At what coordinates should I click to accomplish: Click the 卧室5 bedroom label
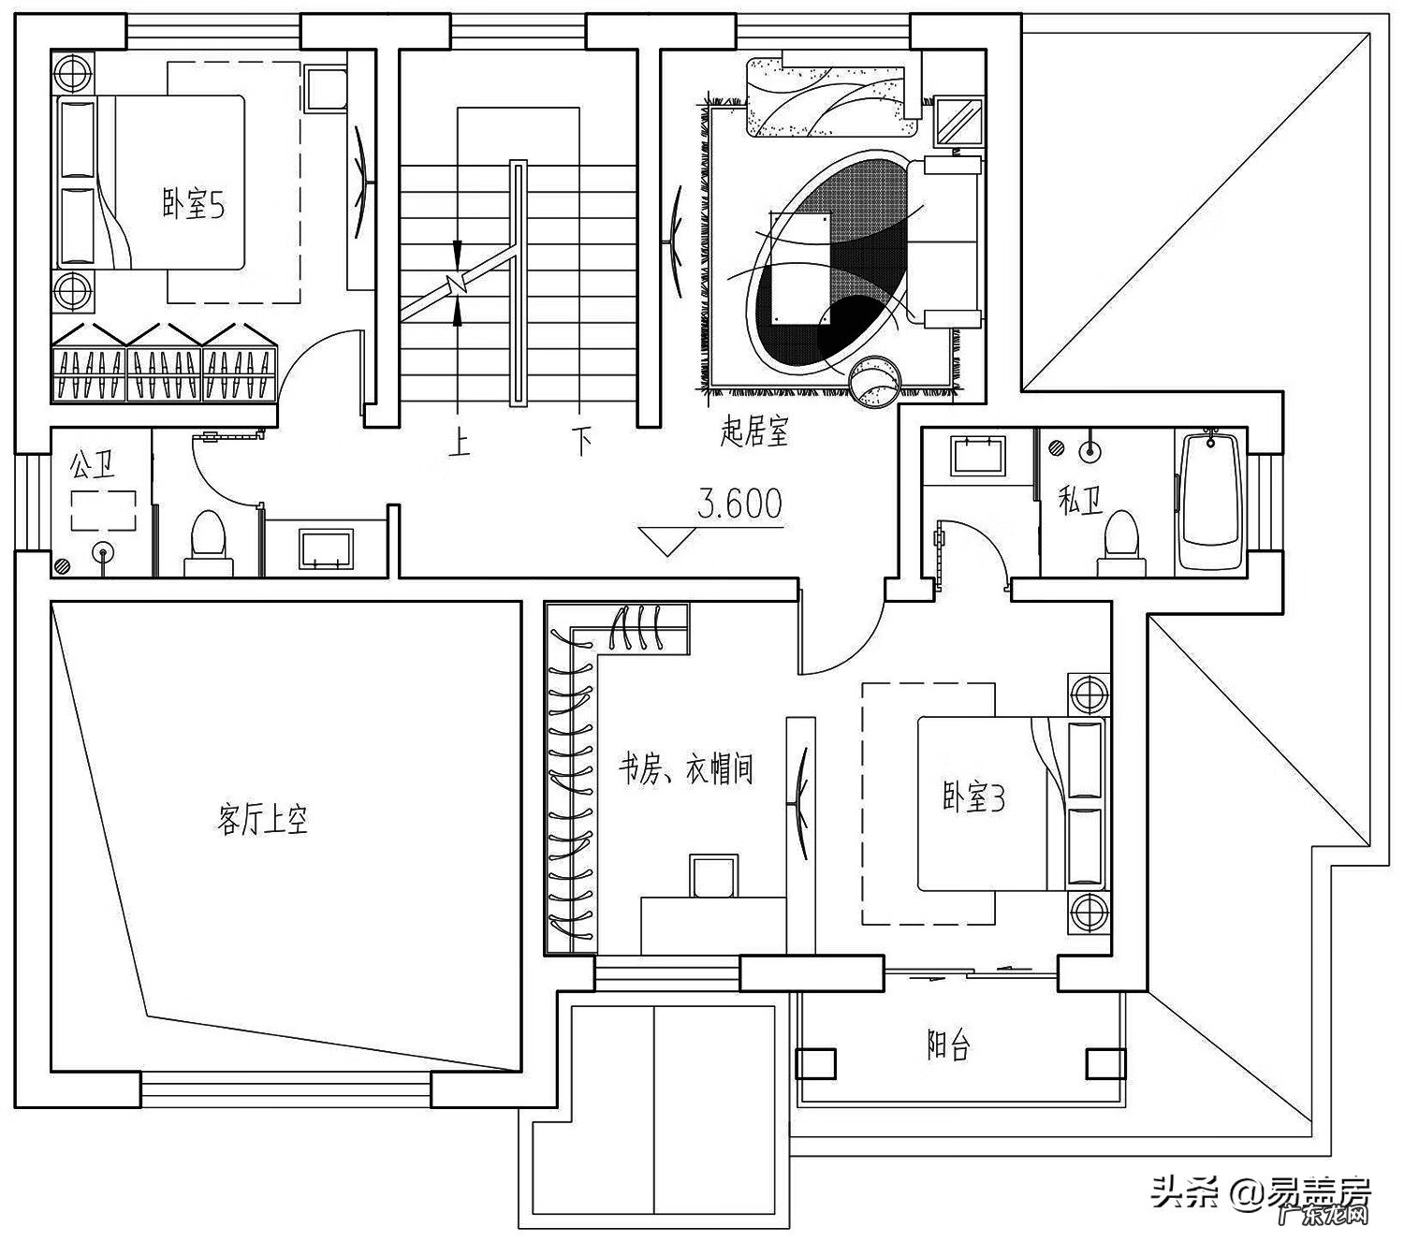tap(194, 207)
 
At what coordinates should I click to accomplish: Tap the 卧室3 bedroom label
tap(973, 798)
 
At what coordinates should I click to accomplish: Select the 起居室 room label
tap(754, 431)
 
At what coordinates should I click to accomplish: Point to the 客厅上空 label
tap(262, 821)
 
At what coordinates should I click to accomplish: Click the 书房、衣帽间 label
tap(686, 769)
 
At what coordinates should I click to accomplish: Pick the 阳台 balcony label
tap(949, 1045)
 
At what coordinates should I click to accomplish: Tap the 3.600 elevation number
tap(739, 504)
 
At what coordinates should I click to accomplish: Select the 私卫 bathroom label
tap(1081, 500)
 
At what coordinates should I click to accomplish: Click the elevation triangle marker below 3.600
tap(667, 542)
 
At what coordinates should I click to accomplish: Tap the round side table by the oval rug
tap(874, 382)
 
